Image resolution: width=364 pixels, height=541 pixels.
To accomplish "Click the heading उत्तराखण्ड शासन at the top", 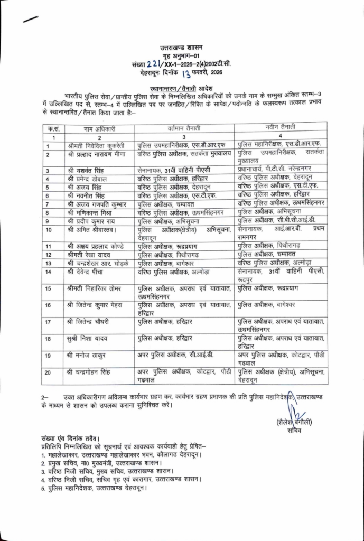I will tap(181, 48).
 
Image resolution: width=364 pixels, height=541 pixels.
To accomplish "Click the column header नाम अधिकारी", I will tap(99, 128).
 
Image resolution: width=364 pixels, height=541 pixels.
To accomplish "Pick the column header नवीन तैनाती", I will tap(281, 127).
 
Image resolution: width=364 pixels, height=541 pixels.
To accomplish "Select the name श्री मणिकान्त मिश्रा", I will tap(91, 212).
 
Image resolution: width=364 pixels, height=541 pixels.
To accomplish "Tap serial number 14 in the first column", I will tap(49, 272).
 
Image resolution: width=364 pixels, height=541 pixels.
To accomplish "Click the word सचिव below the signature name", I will tap(294, 431).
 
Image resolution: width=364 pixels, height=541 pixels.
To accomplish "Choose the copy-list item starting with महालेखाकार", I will tap(124, 454).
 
